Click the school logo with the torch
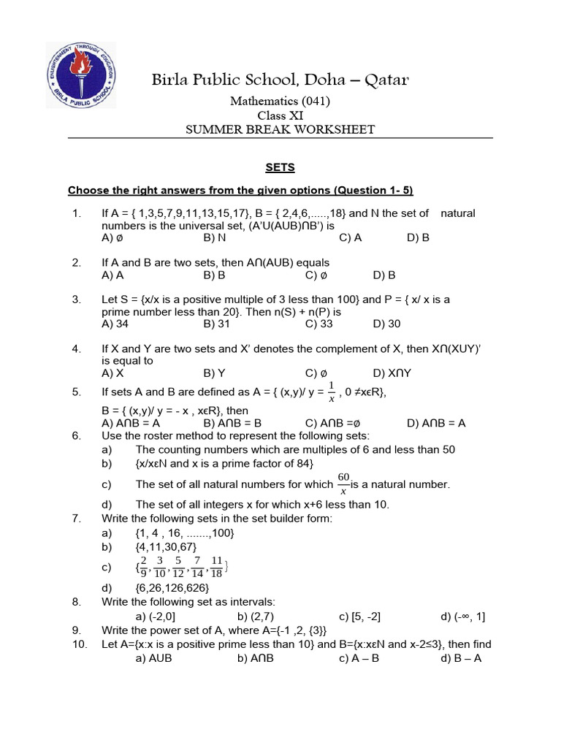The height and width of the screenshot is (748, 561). [x=80, y=75]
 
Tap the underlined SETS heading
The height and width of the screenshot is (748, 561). [x=280, y=167]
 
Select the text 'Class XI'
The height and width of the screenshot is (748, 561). [x=280, y=115]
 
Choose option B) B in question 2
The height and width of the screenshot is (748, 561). [x=215, y=275]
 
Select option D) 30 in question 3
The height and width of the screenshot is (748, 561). [x=386, y=324]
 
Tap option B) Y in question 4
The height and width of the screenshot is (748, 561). [x=215, y=373]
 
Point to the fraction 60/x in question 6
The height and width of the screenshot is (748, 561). [x=343, y=484]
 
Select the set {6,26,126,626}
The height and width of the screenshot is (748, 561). [x=172, y=587]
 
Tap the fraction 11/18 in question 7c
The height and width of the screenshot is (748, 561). [x=218, y=566]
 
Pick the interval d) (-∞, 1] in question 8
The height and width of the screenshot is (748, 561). [x=462, y=616]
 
